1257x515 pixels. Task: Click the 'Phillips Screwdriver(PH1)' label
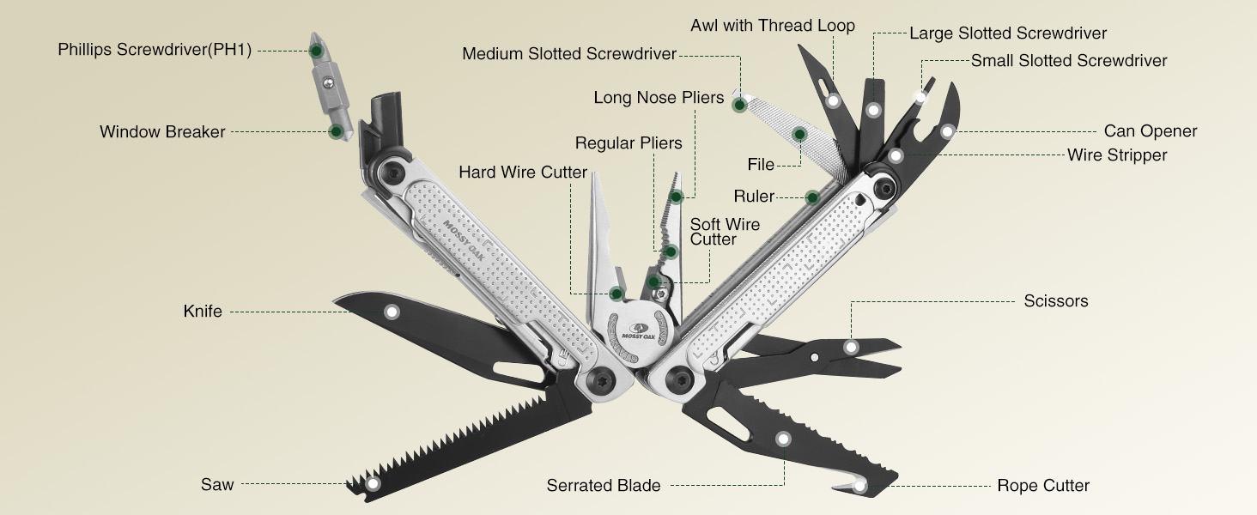[x=155, y=50]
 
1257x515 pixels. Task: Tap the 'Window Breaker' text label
[x=162, y=132]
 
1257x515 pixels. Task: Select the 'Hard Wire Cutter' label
[x=523, y=173]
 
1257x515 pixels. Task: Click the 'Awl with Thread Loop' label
[x=773, y=26]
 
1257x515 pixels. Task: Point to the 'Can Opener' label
[x=1151, y=131]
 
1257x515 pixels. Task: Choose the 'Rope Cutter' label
[x=1043, y=486]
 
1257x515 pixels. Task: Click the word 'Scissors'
[x=1056, y=301]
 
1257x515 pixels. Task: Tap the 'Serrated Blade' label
[x=604, y=486]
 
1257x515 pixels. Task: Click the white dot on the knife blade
[x=392, y=312]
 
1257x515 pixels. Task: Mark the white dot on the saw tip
[x=373, y=484]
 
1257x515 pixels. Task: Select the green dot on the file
[x=799, y=134]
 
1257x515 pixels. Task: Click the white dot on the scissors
[x=851, y=347]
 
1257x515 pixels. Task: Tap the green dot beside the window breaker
[x=336, y=131]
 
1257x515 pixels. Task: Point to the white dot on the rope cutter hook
[x=860, y=487]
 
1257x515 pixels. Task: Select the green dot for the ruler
[x=812, y=197]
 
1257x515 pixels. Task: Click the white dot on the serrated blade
[x=783, y=439]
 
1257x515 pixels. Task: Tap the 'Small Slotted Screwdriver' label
[x=1069, y=61]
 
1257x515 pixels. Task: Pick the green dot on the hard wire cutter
[x=616, y=294]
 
